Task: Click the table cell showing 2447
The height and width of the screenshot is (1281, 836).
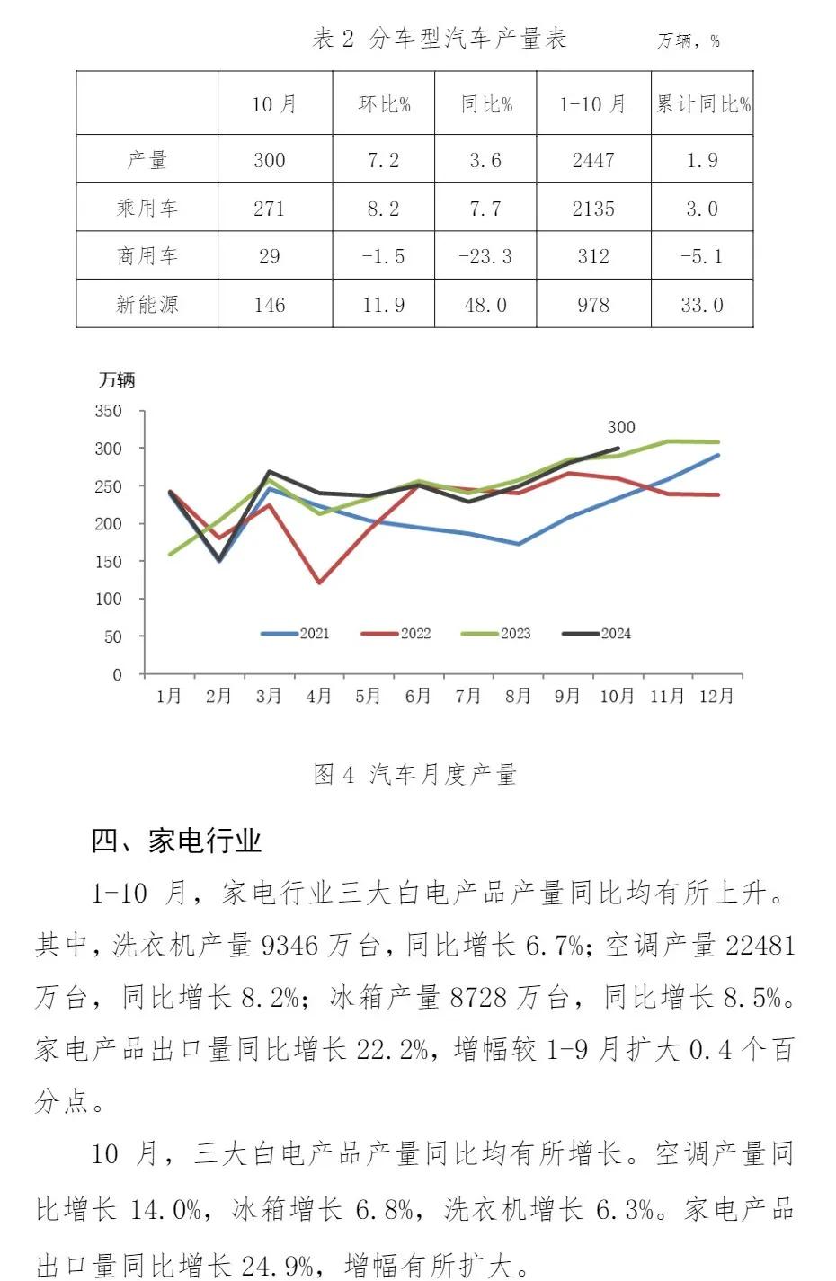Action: [x=593, y=160]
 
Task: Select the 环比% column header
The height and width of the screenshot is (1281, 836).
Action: [x=384, y=104]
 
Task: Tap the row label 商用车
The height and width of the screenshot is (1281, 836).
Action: [x=147, y=256]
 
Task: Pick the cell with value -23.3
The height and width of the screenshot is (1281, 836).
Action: [x=485, y=256]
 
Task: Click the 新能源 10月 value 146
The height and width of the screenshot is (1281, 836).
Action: [x=269, y=305]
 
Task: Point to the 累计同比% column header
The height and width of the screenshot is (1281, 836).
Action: [x=702, y=104]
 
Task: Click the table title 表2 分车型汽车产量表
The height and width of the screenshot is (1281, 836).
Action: [x=440, y=39]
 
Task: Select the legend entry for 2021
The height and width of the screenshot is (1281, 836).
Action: [x=296, y=634]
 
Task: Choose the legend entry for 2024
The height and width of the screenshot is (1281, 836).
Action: [x=597, y=634]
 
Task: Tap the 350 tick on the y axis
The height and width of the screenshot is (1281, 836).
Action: [x=108, y=411]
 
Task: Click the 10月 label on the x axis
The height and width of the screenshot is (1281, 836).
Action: [x=617, y=696]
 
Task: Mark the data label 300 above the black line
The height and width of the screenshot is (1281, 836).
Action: [x=620, y=428]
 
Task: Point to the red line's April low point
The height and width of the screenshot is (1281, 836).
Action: [x=319, y=583]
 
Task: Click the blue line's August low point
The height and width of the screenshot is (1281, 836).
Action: [x=519, y=544]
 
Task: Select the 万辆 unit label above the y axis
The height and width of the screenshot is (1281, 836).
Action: [x=117, y=381]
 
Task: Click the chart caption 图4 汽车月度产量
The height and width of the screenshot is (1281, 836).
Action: [x=415, y=774]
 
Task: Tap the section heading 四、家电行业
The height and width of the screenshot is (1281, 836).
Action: [x=176, y=841]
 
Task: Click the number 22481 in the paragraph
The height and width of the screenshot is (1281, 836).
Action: [x=760, y=945]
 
